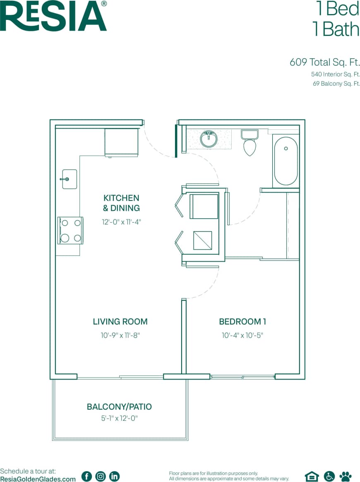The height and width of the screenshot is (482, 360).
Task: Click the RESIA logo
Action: (x=54, y=17)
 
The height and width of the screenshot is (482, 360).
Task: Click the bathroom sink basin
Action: (x=209, y=139)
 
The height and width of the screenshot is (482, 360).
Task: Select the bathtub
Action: (x=286, y=161)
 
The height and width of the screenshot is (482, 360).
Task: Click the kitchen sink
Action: (x=69, y=179)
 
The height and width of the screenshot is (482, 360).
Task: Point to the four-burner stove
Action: (x=70, y=230)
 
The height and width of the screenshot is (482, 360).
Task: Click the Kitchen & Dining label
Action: (x=121, y=203)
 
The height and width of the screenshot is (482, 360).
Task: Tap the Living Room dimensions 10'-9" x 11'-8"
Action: (x=120, y=336)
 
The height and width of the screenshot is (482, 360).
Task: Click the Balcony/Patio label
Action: (x=119, y=407)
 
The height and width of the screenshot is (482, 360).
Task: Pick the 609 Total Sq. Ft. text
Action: (x=325, y=62)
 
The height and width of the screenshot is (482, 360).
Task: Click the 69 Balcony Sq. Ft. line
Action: (x=336, y=84)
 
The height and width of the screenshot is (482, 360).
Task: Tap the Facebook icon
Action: (x=86, y=476)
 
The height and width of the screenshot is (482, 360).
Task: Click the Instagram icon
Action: (x=101, y=476)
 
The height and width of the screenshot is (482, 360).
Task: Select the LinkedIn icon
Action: (x=114, y=476)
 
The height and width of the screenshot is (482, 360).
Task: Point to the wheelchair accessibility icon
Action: (x=329, y=476)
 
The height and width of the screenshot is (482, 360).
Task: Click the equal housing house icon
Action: (x=312, y=476)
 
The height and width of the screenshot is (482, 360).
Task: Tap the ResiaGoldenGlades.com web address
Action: (x=38, y=479)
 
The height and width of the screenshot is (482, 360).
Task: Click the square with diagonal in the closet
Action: (x=203, y=241)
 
